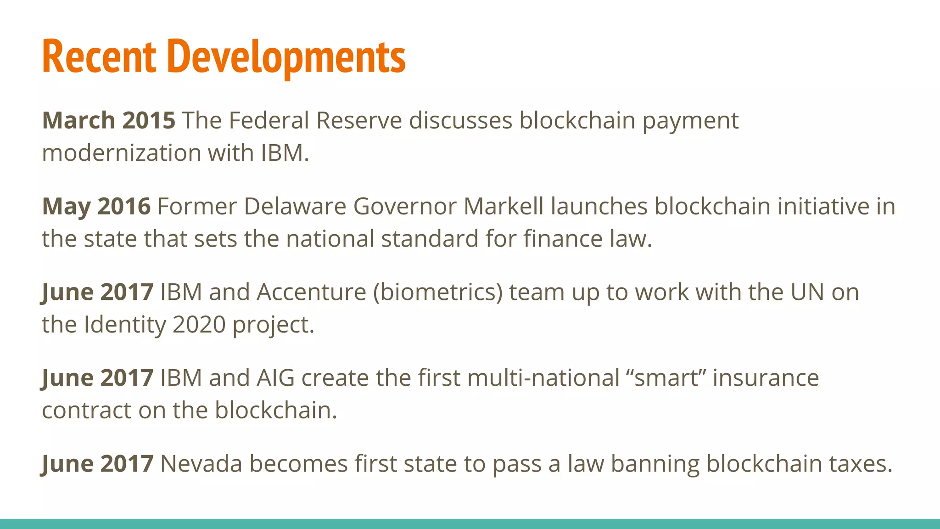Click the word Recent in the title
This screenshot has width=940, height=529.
(99, 57)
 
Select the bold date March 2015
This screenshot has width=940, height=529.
(108, 120)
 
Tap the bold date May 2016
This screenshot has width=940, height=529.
(96, 206)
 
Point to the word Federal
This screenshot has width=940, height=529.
(269, 120)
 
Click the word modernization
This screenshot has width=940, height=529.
(121, 153)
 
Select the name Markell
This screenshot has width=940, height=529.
(504, 206)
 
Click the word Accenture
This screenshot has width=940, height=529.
(311, 292)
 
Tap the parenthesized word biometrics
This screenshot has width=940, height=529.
(438, 292)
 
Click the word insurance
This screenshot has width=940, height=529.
(766, 378)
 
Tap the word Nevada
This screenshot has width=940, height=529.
(201, 464)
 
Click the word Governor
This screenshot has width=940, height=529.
(405, 206)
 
